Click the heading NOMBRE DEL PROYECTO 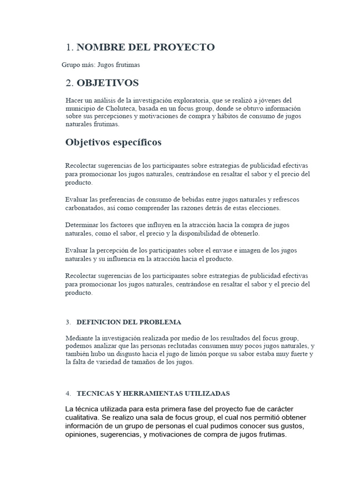tap(145, 47)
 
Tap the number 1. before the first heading tap(70, 47)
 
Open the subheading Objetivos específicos tap(113, 142)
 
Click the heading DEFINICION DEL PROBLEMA tap(128, 322)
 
